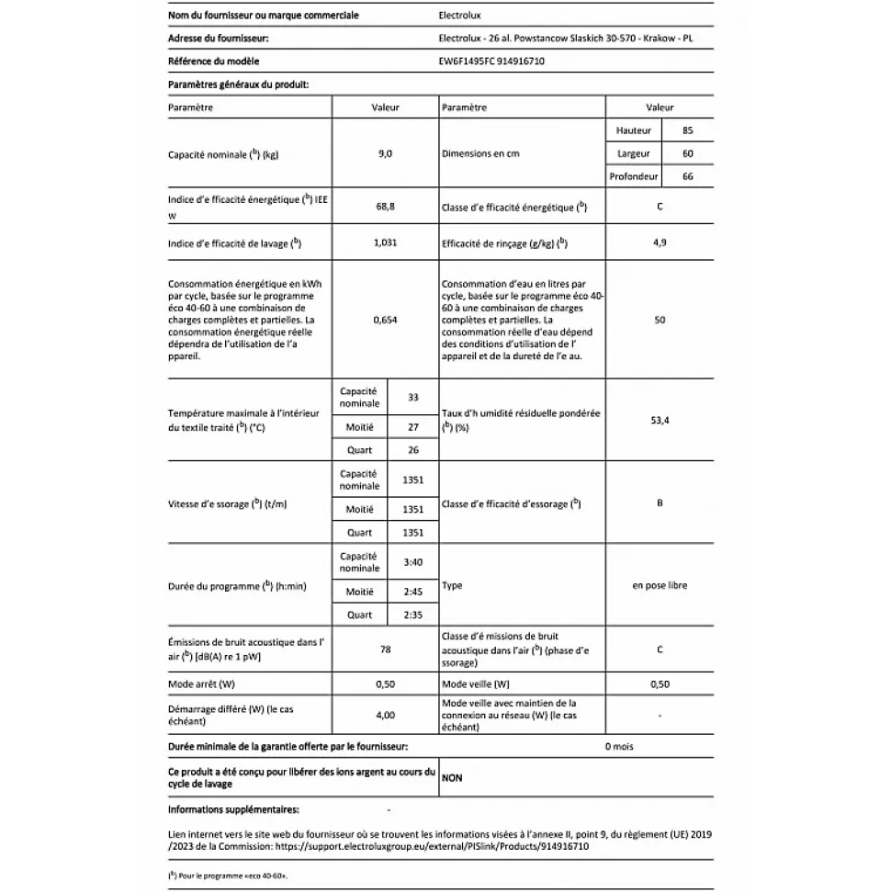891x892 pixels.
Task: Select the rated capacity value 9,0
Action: (x=385, y=154)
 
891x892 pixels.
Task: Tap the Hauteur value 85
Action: (x=687, y=130)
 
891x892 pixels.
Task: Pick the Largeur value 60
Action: (x=687, y=153)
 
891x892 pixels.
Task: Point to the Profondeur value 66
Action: (x=687, y=176)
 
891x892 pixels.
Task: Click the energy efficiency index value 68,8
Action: (x=385, y=208)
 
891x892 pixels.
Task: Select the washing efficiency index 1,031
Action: (x=385, y=243)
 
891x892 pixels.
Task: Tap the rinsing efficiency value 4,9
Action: (x=660, y=243)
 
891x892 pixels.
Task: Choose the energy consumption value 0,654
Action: (x=385, y=321)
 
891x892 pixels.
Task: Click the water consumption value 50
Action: (x=660, y=321)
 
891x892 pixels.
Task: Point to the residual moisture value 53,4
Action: (x=660, y=420)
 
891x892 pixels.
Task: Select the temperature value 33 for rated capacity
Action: (x=412, y=397)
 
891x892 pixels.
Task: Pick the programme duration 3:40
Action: (x=412, y=562)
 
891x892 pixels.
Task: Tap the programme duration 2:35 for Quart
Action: (x=412, y=615)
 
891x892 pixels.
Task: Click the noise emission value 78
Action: (x=385, y=649)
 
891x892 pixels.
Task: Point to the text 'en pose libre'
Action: (x=660, y=585)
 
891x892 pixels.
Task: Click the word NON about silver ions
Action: (x=452, y=778)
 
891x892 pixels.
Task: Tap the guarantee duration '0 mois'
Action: (x=619, y=747)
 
